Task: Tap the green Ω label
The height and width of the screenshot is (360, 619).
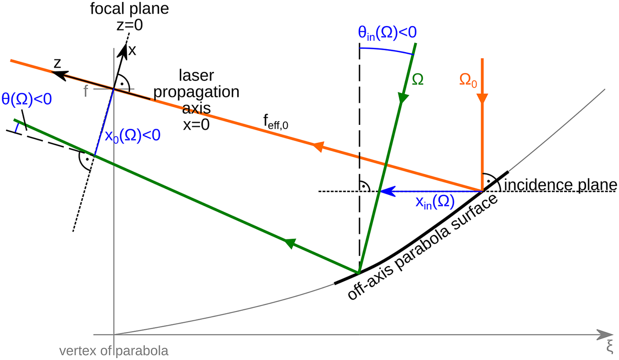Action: click(x=417, y=80)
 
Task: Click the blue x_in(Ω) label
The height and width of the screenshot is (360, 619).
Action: click(x=435, y=202)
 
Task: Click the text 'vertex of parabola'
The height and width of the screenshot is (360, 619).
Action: click(x=114, y=351)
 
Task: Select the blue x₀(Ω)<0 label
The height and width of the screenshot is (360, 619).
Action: click(x=133, y=135)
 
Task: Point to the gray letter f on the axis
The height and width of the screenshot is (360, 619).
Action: click(x=86, y=90)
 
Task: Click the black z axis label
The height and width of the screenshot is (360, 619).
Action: click(x=57, y=62)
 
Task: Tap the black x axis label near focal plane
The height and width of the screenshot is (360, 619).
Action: click(x=132, y=50)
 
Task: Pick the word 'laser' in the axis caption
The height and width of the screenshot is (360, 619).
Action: click(x=196, y=76)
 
